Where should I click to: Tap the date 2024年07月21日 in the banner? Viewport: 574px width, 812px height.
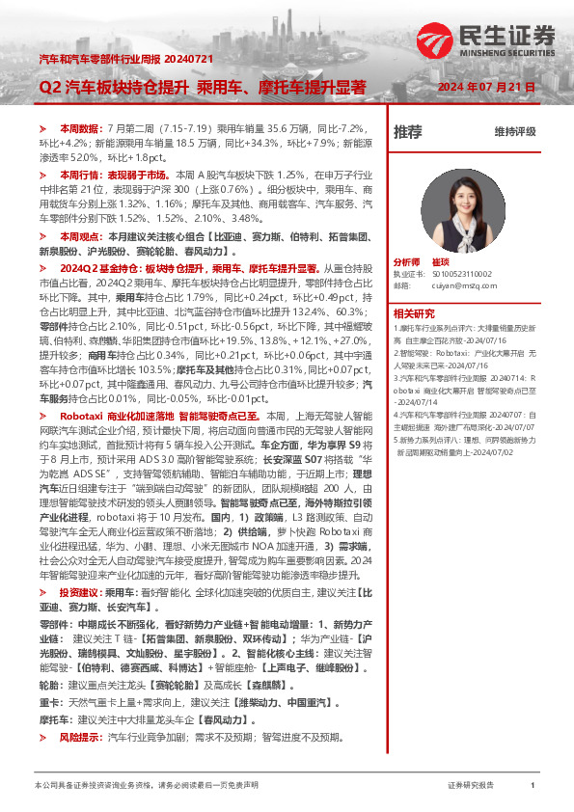click(x=486, y=87)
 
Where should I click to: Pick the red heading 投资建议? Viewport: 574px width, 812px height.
click(x=77, y=592)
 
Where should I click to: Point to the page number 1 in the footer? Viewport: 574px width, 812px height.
click(x=533, y=786)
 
